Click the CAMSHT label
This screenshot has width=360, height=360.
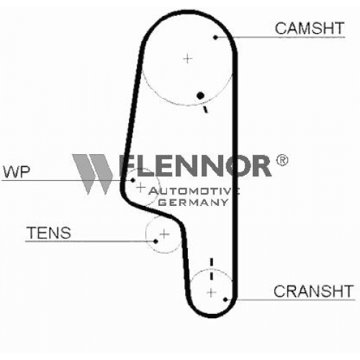pyautogui.click(x=310, y=28)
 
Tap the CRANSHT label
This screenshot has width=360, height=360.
pyautogui.click(x=313, y=291)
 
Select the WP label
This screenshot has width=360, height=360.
pyautogui.click(x=17, y=172)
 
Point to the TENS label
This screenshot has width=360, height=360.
pyautogui.click(x=49, y=233)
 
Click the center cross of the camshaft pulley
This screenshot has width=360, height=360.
pyautogui.click(x=188, y=58)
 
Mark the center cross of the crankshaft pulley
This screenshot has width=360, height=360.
pyautogui.click(x=211, y=292)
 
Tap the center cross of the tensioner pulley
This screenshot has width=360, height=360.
pyautogui.click(x=164, y=234)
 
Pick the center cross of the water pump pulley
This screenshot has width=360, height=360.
pyautogui.click(x=141, y=187)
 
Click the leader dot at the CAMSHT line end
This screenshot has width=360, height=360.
pyautogui.click(x=215, y=37)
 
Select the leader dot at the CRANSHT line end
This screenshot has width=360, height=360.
pyautogui.click(x=225, y=300)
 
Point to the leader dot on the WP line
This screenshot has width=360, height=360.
pyautogui.click(x=132, y=180)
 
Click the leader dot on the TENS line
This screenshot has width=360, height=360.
pyautogui.click(x=156, y=241)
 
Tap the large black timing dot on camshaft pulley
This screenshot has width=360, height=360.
pyautogui.click(x=200, y=96)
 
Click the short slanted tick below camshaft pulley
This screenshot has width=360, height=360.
pyautogui.click(x=205, y=109)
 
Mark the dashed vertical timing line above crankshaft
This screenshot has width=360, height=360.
pyautogui.click(x=212, y=269)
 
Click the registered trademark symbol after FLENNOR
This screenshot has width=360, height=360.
pyautogui.click(x=282, y=160)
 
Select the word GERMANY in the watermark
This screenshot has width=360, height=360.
pyautogui.click(x=193, y=202)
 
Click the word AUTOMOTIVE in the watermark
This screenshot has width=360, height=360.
pyautogui.click(x=194, y=191)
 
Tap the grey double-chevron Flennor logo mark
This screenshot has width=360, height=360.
pyautogui.click(x=93, y=174)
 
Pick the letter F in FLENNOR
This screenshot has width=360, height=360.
pyautogui.click(x=127, y=166)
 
